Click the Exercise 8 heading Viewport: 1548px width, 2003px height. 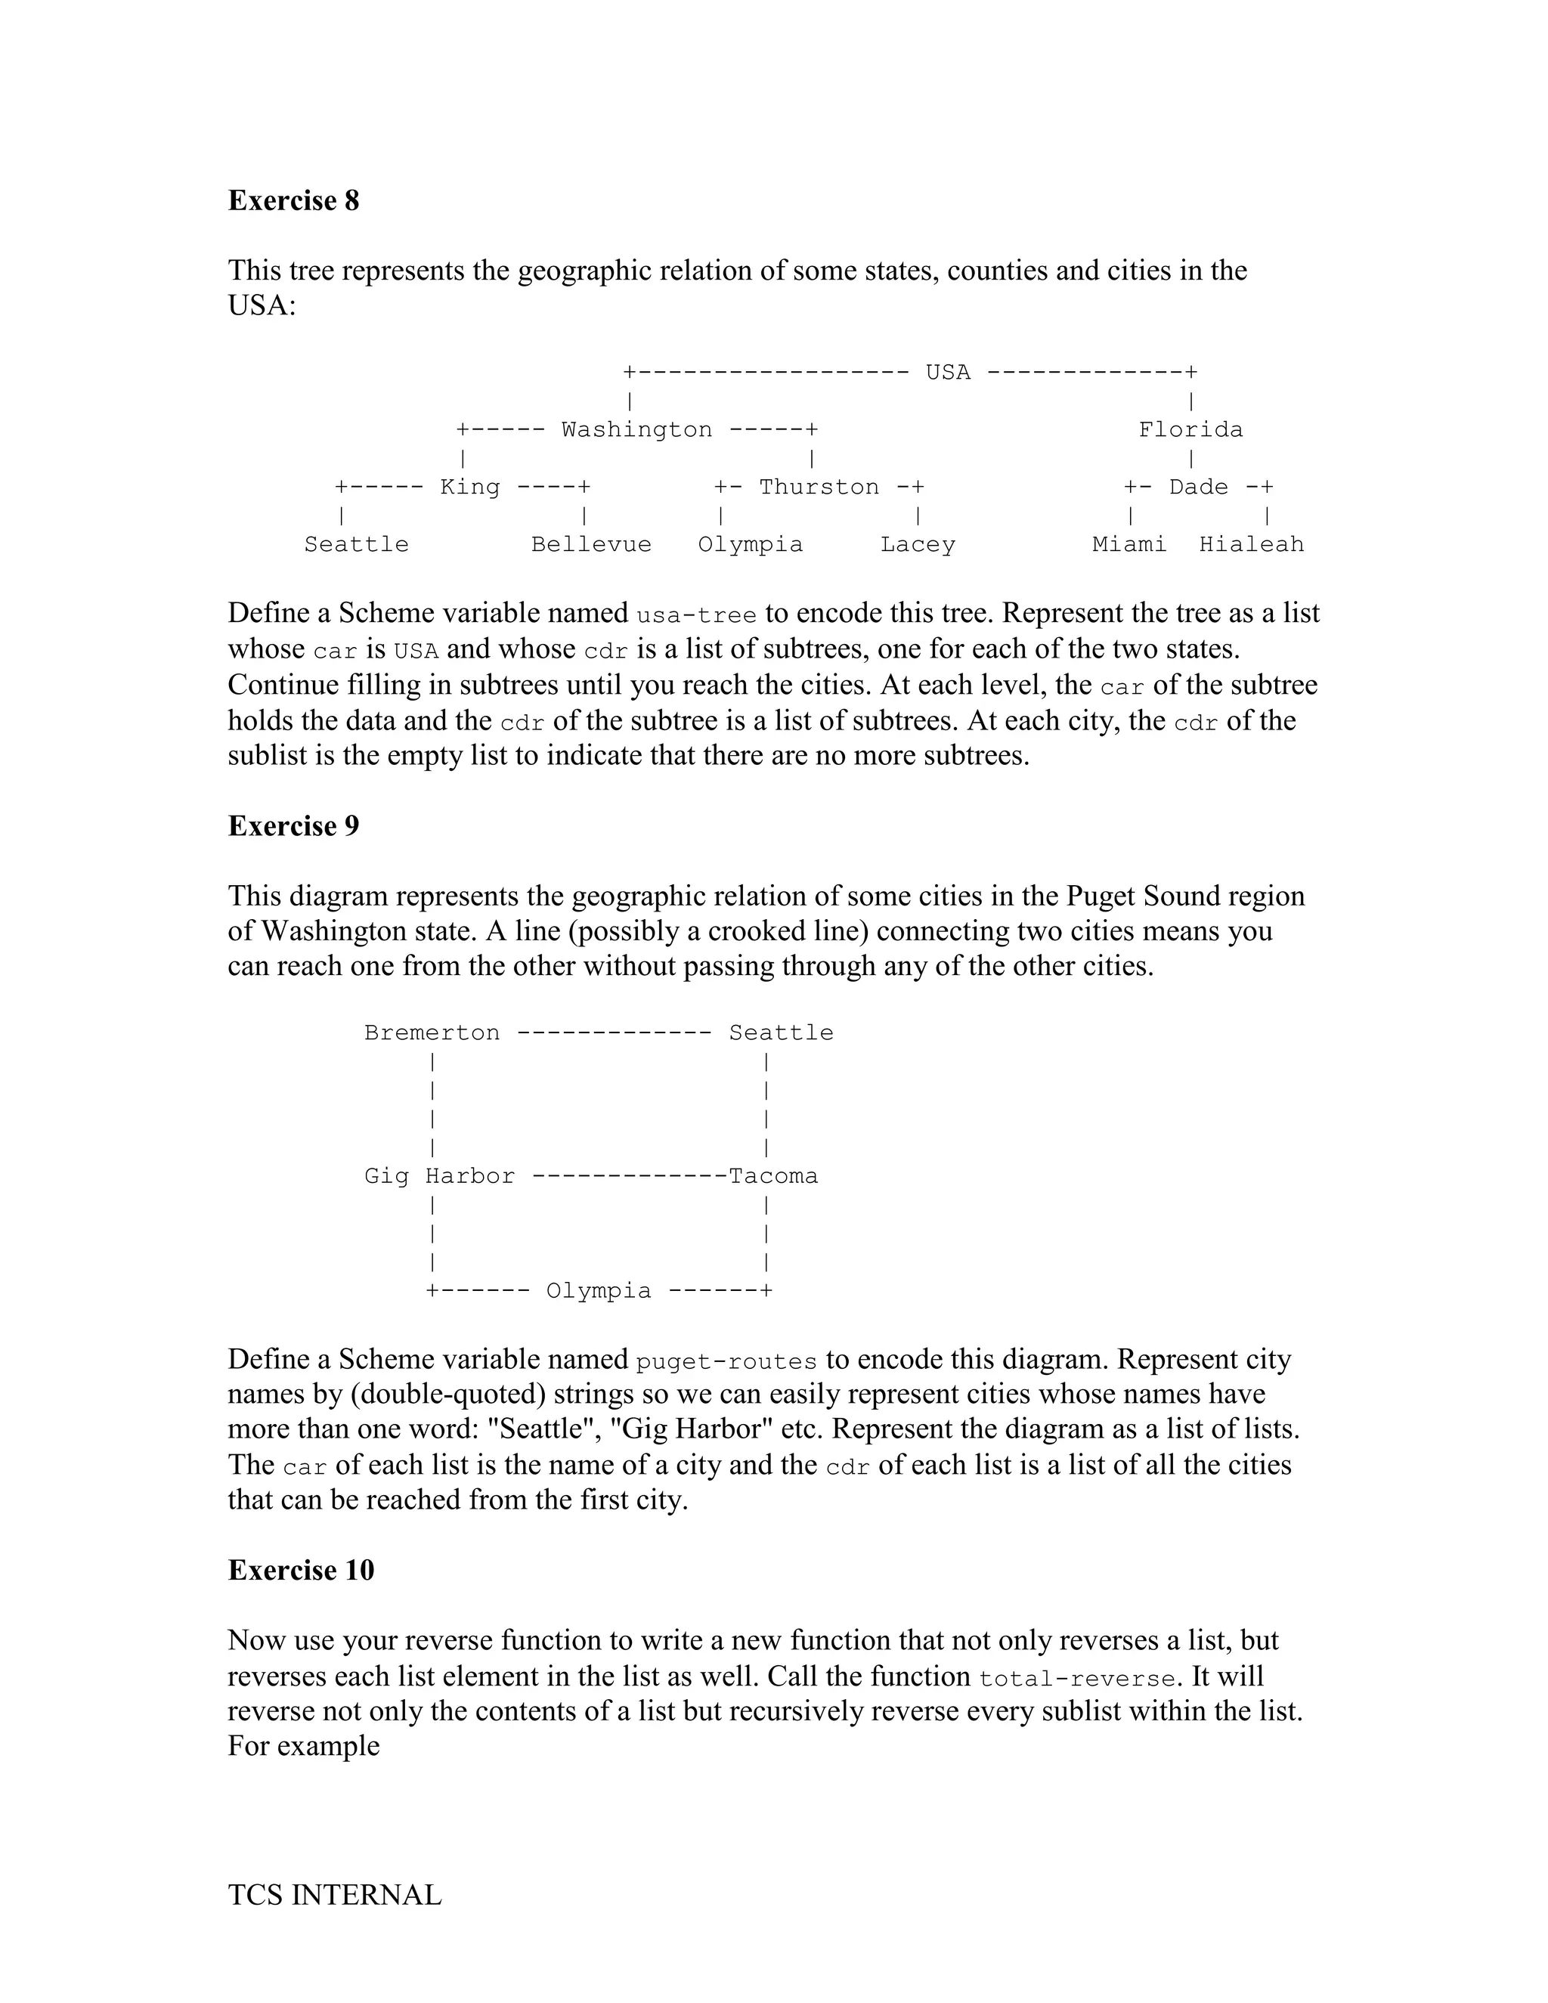pos(293,201)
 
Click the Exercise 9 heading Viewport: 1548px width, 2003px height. pos(293,826)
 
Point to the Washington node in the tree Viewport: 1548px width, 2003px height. pos(636,430)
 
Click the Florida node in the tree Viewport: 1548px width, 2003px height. pos(1190,430)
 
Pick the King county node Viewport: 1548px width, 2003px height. pos(469,487)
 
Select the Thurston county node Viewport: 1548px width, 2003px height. pos(818,487)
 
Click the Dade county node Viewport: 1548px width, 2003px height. pos(1198,487)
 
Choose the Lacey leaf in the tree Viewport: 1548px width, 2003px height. pos(917,545)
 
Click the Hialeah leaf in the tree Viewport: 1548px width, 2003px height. pos(1251,545)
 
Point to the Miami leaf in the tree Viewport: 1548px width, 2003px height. pos(1129,545)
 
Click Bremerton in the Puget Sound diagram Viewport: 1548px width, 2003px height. pos(432,1033)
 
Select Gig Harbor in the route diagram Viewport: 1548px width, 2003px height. pos(439,1177)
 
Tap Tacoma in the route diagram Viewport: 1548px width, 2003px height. pos(773,1177)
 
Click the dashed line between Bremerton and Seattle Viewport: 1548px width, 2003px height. pos(614,1033)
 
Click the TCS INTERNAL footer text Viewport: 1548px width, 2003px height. pos(335,1896)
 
